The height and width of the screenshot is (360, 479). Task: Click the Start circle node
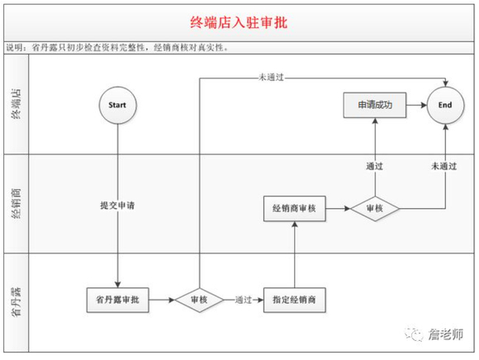click(x=117, y=106)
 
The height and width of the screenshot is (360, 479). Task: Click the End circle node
click(x=445, y=106)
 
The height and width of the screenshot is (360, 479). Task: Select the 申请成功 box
click(x=373, y=106)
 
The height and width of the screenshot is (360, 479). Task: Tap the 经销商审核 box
click(x=295, y=209)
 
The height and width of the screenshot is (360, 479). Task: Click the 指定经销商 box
click(x=295, y=299)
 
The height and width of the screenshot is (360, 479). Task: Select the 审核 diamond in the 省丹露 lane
click(x=200, y=299)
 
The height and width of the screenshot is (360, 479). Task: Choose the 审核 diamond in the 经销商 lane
click(x=373, y=209)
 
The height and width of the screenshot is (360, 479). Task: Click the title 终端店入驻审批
click(x=239, y=23)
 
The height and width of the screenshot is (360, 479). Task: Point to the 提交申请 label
click(x=117, y=204)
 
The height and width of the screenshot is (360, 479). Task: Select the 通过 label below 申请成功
click(x=373, y=166)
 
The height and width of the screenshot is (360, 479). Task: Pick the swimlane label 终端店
click(x=16, y=106)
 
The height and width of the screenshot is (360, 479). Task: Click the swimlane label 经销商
click(x=16, y=203)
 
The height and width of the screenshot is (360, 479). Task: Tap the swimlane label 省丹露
click(x=16, y=303)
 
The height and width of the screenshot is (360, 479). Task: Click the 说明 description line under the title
click(x=124, y=48)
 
